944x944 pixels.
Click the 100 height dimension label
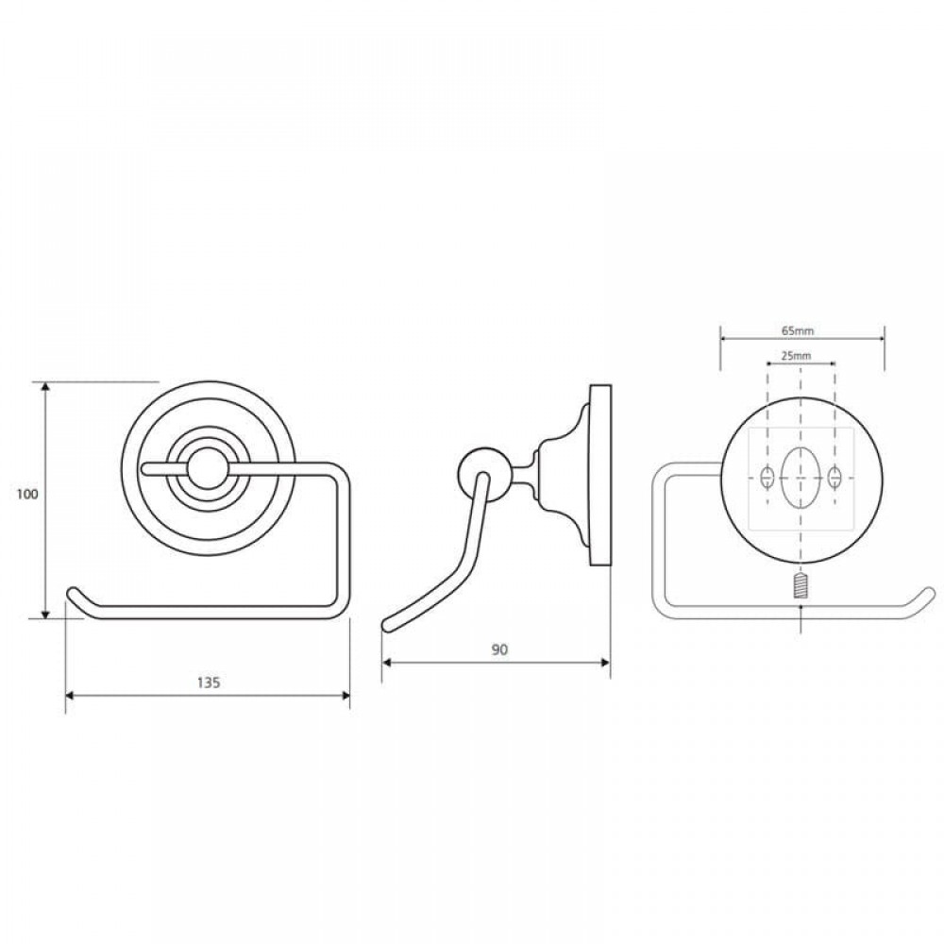(x=27, y=495)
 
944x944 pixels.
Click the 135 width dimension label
(x=209, y=683)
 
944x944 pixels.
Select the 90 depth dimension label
(x=499, y=649)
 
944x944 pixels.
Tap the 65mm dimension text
(x=798, y=331)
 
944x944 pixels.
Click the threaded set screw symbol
(x=801, y=586)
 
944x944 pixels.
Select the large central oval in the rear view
(x=801, y=477)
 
